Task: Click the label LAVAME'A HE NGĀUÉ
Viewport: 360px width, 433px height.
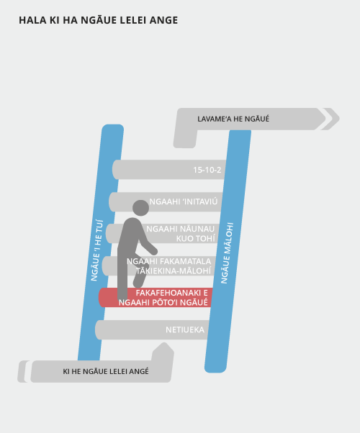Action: tap(233, 119)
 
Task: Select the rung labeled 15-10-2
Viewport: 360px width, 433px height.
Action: tap(169, 169)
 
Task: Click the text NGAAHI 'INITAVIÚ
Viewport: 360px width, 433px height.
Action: tap(184, 201)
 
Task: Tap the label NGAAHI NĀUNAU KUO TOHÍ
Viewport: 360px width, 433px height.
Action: tap(180, 234)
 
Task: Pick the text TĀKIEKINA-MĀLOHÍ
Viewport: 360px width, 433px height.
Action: tap(174, 271)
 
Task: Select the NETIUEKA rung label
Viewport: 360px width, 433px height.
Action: tap(185, 329)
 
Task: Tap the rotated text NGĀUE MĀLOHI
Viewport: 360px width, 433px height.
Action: tap(227, 253)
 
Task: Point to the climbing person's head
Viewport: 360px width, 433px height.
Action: tap(140, 208)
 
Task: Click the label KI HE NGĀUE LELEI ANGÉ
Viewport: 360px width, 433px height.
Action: tap(106, 371)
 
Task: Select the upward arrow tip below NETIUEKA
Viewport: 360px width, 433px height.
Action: tap(164, 343)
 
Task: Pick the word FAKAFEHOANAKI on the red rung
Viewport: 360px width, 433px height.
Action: tap(168, 293)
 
